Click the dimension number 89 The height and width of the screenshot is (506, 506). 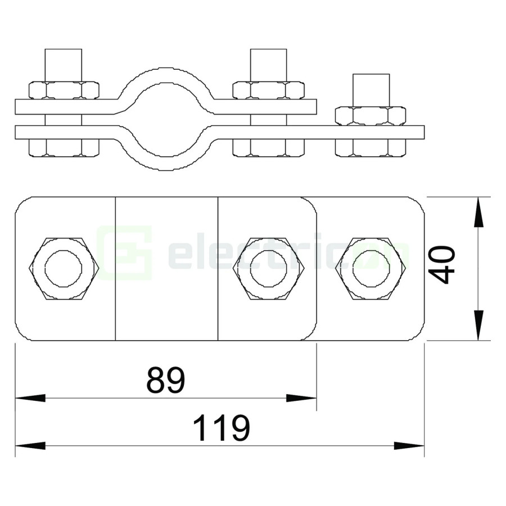click(165, 381)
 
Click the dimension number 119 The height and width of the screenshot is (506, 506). click(220, 429)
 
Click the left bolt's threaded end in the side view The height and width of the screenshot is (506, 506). click(63, 65)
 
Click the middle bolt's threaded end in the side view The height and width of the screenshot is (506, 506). click(268, 65)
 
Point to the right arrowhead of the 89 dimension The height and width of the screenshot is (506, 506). click(301, 398)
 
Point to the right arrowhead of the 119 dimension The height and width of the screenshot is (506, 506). click(409, 446)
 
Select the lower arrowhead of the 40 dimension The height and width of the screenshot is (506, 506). click(478, 326)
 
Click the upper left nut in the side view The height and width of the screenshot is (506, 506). click(63, 91)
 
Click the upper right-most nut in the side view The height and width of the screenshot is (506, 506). click(371, 116)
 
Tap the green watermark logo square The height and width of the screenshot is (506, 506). click(124, 253)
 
